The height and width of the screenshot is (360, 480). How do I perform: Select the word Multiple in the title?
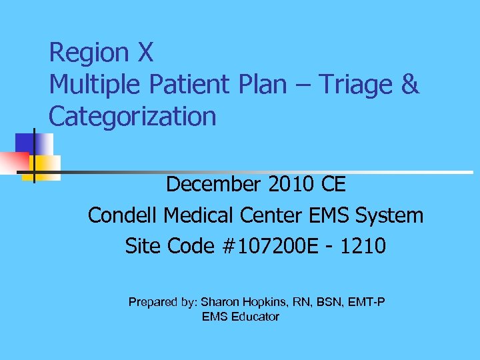click(x=93, y=85)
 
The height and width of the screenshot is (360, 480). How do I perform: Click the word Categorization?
click(x=133, y=117)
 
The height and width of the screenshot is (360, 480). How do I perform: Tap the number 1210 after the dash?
click(x=363, y=247)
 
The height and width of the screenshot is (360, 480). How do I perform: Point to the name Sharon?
click(x=222, y=302)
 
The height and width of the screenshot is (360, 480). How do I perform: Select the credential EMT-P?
click(x=365, y=302)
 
